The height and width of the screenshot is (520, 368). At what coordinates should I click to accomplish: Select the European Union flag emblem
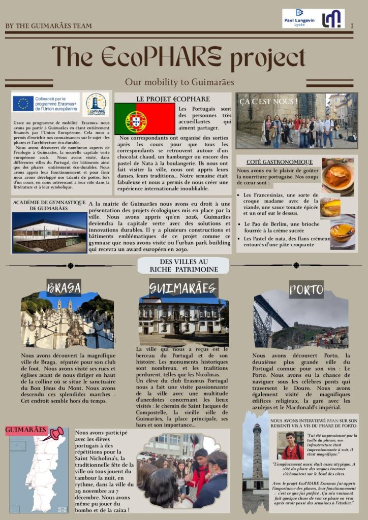pos(23,103)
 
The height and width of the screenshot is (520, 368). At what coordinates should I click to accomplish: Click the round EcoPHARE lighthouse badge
pos(96,105)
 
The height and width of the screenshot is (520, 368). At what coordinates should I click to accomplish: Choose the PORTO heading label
pos(306,290)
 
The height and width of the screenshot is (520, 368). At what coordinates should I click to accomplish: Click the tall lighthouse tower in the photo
pos(257,452)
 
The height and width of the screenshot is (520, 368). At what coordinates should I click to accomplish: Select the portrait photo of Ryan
pos(290,445)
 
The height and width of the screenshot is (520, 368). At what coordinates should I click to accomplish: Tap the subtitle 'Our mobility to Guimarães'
pos(179,82)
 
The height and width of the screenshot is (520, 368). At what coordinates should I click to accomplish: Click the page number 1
pos(352,25)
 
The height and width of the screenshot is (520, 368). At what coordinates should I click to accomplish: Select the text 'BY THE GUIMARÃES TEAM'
pos(49,26)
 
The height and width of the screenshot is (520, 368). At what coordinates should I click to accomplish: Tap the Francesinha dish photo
pos(337,176)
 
